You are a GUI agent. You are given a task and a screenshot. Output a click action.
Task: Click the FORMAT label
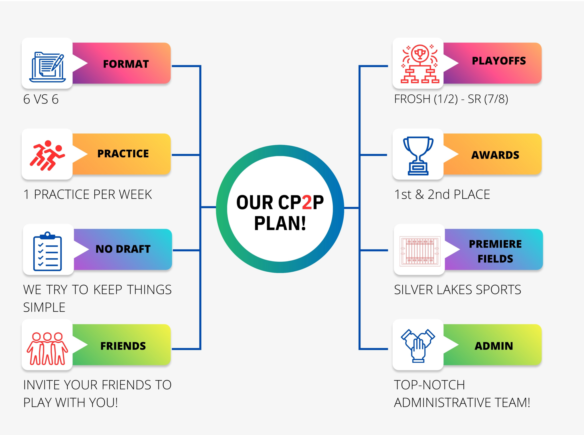click(x=126, y=64)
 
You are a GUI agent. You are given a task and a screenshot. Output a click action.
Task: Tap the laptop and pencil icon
click(x=47, y=67)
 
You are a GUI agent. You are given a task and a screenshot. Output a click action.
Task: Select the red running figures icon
click(x=47, y=155)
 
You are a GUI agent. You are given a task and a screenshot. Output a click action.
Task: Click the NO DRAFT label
click(x=123, y=249)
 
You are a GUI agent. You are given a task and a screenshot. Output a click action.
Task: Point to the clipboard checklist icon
click(x=48, y=251)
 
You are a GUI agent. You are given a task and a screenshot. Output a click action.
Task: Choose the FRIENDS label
click(x=123, y=346)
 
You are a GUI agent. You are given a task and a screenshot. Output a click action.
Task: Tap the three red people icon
click(x=47, y=349)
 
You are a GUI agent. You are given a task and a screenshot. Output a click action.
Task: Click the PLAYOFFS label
click(x=499, y=61)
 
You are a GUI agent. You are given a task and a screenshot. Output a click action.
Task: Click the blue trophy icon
click(x=418, y=156)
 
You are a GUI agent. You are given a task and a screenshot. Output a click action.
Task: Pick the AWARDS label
click(x=495, y=155)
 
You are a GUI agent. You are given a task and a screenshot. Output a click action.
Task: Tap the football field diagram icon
click(x=420, y=251)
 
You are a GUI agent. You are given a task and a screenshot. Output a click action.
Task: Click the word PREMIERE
click(x=495, y=244)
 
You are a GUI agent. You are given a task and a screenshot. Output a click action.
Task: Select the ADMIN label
click(x=494, y=346)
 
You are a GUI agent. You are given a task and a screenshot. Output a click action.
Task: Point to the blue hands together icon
click(x=418, y=346)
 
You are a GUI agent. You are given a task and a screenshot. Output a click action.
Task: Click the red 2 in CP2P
click(x=307, y=202)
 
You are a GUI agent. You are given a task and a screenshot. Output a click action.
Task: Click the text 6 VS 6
click(x=41, y=99)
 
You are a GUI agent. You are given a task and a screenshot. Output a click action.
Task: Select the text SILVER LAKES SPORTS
click(x=457, y=290)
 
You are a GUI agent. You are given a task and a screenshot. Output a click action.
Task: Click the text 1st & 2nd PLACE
click(x=442, y=194)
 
